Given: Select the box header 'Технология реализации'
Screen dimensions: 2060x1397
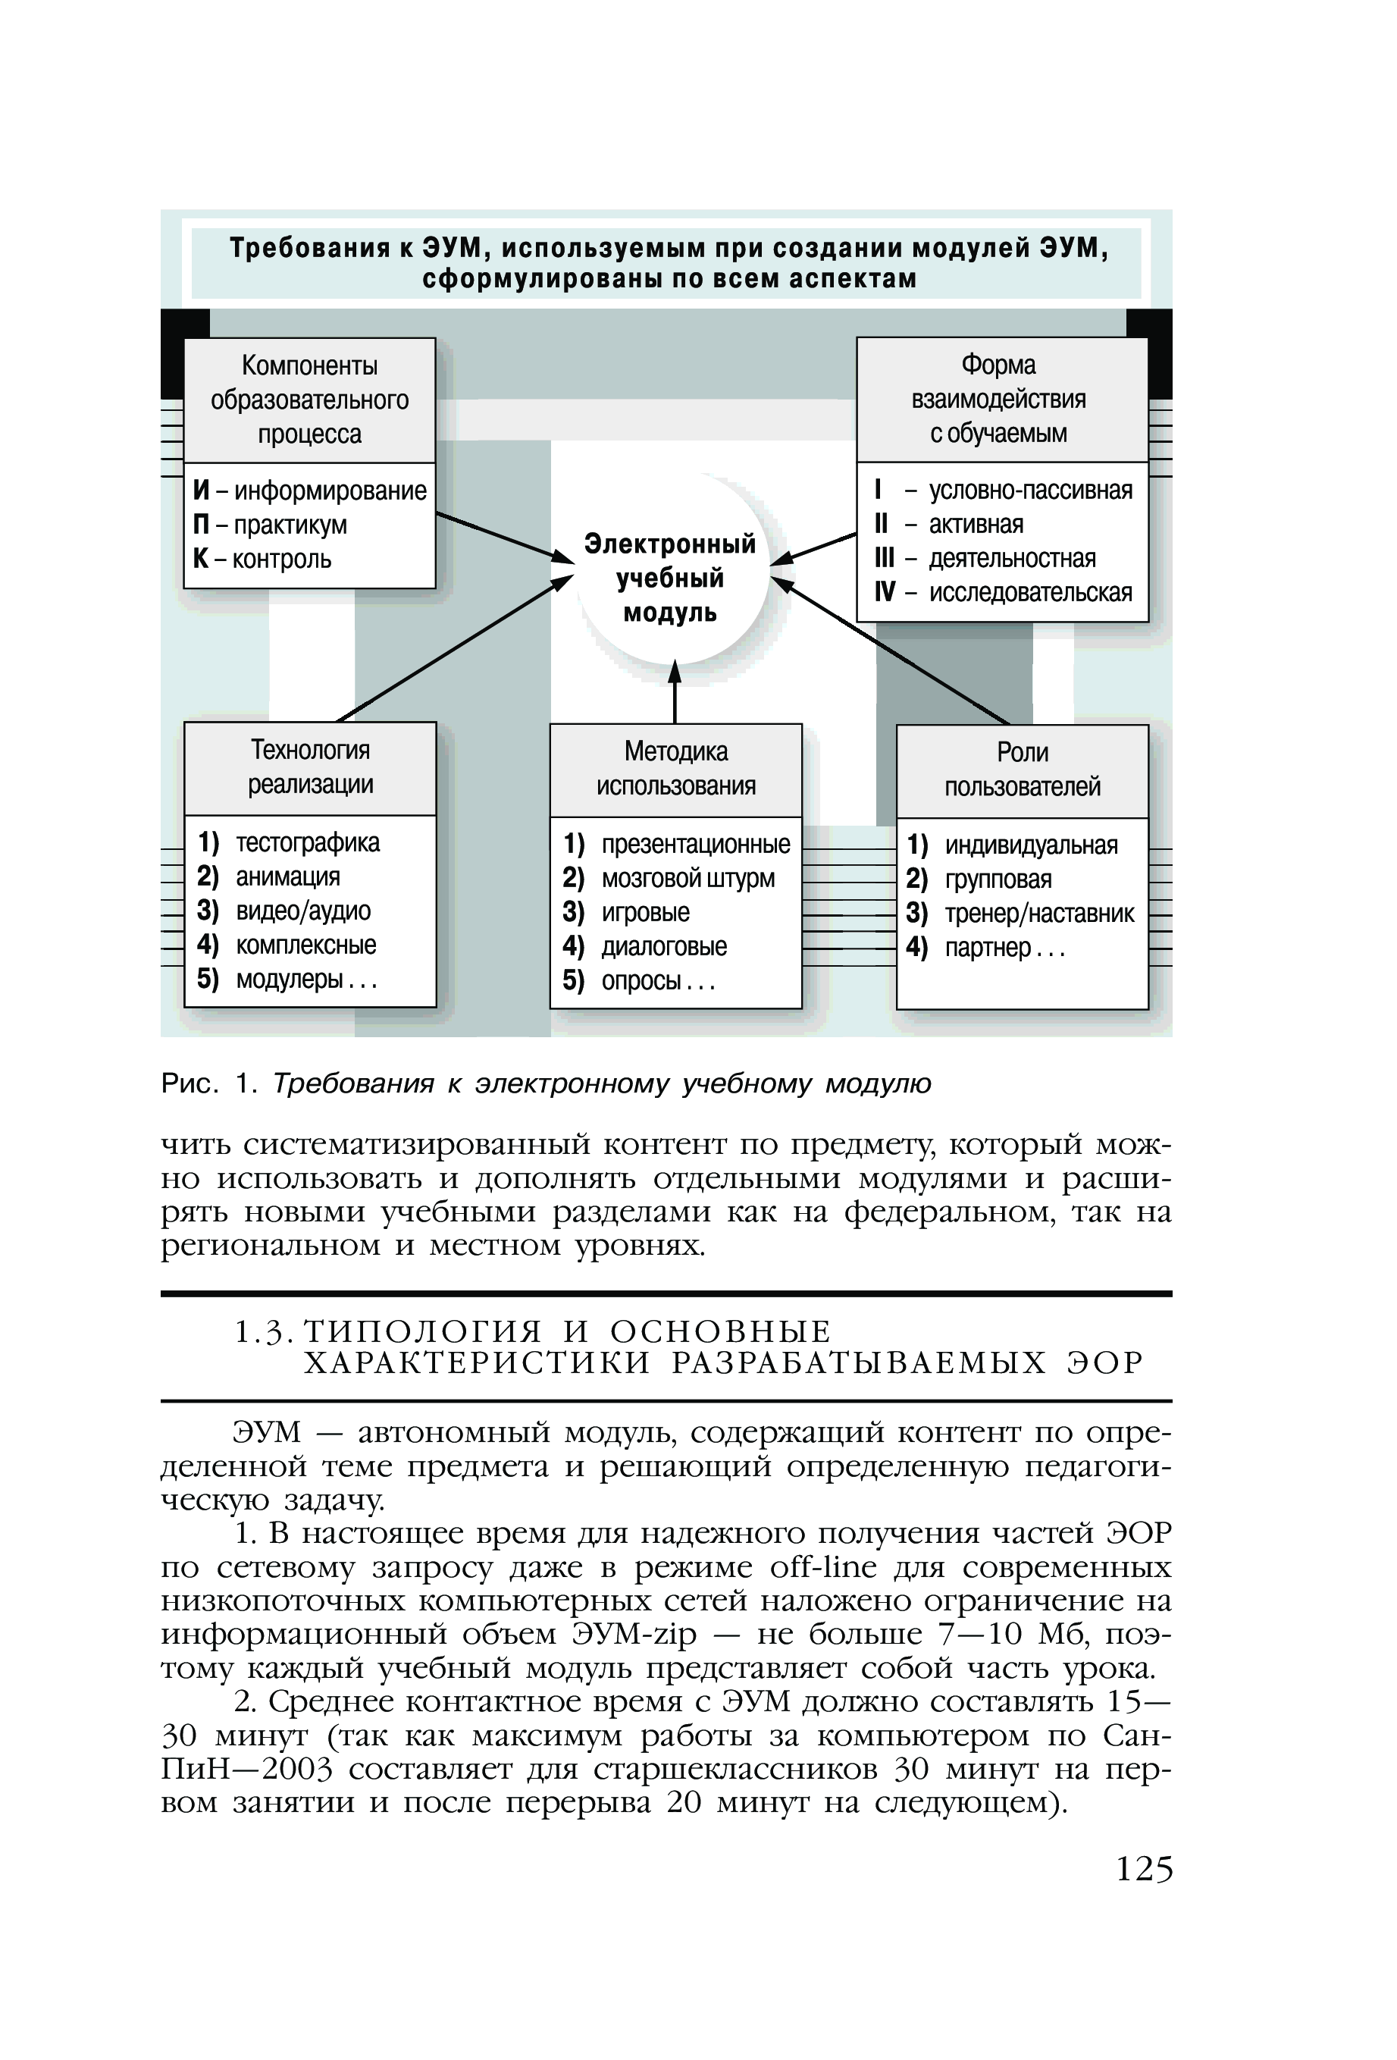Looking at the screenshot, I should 310,767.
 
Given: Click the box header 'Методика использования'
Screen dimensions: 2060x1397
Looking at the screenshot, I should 675,770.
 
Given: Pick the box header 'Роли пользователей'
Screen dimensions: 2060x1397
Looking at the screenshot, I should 1022,770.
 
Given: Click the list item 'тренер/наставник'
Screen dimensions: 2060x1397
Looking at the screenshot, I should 1039,914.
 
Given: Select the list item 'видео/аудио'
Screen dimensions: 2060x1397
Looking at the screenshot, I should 303,911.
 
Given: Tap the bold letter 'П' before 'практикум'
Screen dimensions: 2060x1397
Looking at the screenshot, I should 201,525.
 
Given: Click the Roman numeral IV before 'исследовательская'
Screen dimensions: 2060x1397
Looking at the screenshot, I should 885,592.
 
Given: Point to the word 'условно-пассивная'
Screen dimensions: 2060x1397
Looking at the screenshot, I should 1030,491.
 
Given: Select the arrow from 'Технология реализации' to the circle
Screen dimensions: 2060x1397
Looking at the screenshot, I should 452,650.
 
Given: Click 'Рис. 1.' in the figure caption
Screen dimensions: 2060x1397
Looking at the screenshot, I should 209,1083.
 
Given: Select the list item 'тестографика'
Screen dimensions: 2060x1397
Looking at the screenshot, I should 308,843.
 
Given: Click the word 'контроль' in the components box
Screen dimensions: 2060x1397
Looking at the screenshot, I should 282,560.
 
